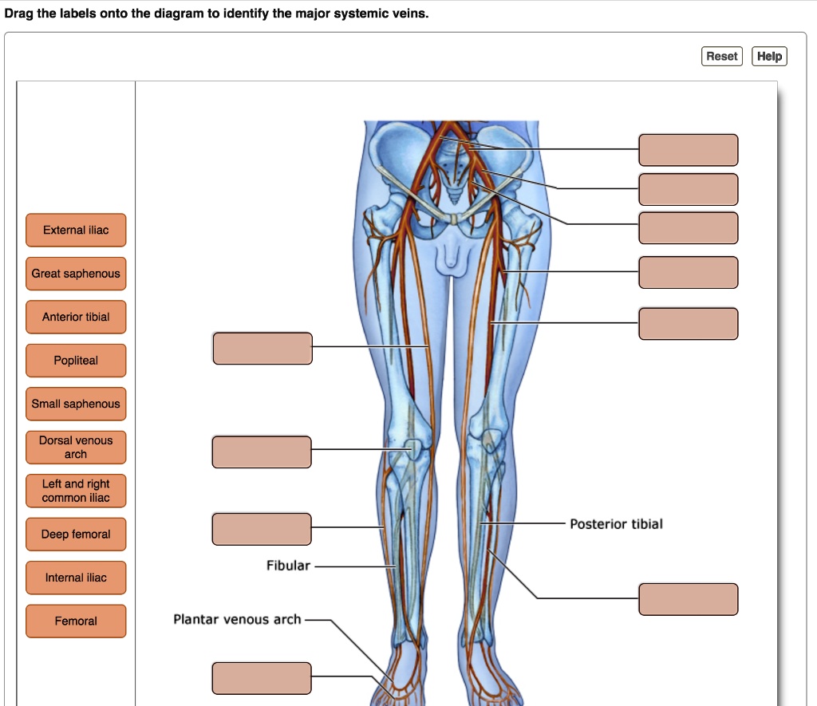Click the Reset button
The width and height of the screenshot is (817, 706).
coord(721,56)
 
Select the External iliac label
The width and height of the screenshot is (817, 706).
coord(76,230)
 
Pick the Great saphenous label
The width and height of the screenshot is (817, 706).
coord(76,274)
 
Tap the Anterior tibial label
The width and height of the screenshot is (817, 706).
coord(76,317)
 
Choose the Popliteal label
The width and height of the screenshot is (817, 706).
coord(76,361)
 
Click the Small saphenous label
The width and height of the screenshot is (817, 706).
coord(76,404)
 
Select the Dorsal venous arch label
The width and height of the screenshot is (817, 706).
coord(76,448)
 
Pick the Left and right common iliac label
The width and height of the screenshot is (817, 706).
coord(76,491)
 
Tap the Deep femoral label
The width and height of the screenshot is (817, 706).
coord(76,534)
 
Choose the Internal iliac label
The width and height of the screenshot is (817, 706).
coord(76,578)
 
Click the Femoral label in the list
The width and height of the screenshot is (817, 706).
coord(76,621)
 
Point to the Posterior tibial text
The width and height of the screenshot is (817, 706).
coord(616,524)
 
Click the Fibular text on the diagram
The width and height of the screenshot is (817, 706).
coord(288,566)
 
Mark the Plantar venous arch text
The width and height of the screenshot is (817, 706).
coord(237,619)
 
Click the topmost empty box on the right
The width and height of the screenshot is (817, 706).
coord(688,150)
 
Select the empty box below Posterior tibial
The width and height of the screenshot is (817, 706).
coord(688,599)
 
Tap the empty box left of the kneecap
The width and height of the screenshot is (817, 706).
coord(262,452)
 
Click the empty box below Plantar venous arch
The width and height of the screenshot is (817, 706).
coord(262,678)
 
